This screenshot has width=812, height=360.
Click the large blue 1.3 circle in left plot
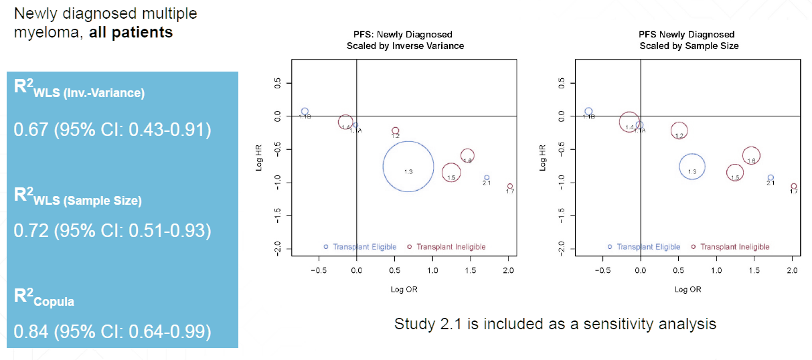pos(408,167)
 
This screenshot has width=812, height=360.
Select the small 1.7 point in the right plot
pos(794,187)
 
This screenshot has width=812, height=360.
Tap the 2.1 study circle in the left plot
pos(487,178)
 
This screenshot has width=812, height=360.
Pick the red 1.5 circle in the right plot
pos(735,173)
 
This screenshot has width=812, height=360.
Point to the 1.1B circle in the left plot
pos(305,112)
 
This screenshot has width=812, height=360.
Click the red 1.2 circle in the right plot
pos(679,131)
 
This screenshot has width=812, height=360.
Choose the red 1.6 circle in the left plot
pos(467,156)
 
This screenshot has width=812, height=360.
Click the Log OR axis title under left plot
pos(405,290)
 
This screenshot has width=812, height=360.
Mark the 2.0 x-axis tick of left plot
pos(508,270)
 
